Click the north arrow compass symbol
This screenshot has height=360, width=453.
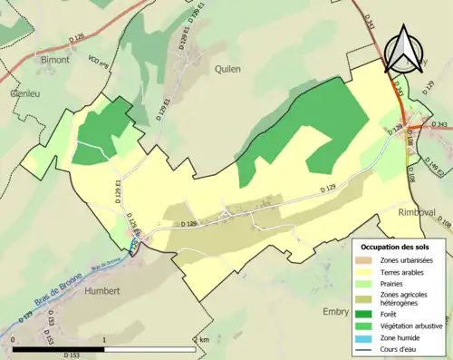pos(405,47)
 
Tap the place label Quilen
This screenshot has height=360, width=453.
pos(229,68)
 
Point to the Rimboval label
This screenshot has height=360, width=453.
pos(418,211)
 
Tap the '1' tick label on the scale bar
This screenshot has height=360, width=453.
pos(105,338)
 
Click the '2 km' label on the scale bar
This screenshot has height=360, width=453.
pos(202,338)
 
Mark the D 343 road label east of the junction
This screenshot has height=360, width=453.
pos(439,124)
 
